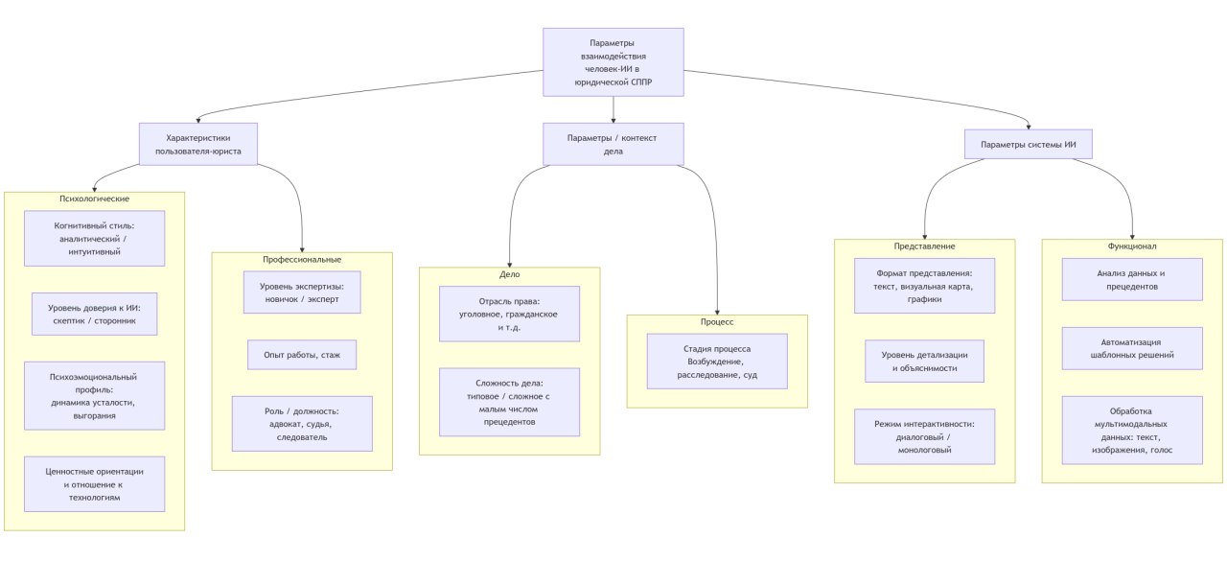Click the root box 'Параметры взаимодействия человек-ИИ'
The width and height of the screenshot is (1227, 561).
(613, 62)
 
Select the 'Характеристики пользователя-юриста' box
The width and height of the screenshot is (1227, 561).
(198, 144)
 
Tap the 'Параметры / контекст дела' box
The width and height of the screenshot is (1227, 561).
(613, 144)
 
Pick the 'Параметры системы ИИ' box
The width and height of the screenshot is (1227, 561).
(1029, 145)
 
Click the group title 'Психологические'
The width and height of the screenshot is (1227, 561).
(94, 199)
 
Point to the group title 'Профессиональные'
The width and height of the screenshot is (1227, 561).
(302, 260)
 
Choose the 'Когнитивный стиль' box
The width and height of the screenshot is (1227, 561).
(94, 239)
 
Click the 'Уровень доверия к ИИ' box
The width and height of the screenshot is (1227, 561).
(94, 314)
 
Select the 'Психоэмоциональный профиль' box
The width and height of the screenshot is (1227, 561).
(94, 395)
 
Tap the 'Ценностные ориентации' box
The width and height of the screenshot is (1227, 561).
(94, 484)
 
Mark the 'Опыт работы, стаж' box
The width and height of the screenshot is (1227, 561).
(302, 355)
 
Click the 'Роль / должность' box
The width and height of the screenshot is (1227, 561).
(302, 424)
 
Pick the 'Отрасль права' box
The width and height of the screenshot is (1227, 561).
(509, 314)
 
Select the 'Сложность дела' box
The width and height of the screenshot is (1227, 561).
(509, 402)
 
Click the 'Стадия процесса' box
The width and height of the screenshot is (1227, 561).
(717, 362)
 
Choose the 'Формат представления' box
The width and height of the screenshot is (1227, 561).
(925, 286)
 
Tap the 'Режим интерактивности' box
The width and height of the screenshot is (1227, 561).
(925, 436)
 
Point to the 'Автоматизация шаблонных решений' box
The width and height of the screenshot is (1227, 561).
(1132, 348)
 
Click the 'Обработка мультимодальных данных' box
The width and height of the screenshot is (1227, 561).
(1132, 430)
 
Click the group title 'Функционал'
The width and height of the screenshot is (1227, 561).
(1132, 246)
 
